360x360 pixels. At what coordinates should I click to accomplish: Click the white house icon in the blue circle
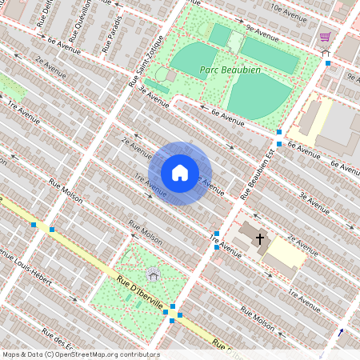(180, 173)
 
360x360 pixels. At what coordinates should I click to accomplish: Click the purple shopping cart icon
(326, 37)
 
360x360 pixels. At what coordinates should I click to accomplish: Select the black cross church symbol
(259, 238)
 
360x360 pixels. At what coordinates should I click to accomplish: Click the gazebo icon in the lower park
(154, 274)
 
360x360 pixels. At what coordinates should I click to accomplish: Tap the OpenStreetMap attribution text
(80, 354)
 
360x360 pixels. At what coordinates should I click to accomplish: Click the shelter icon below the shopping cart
(326, 52)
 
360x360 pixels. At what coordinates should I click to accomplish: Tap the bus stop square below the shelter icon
(328, 63)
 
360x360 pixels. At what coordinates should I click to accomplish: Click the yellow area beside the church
(285, 254)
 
